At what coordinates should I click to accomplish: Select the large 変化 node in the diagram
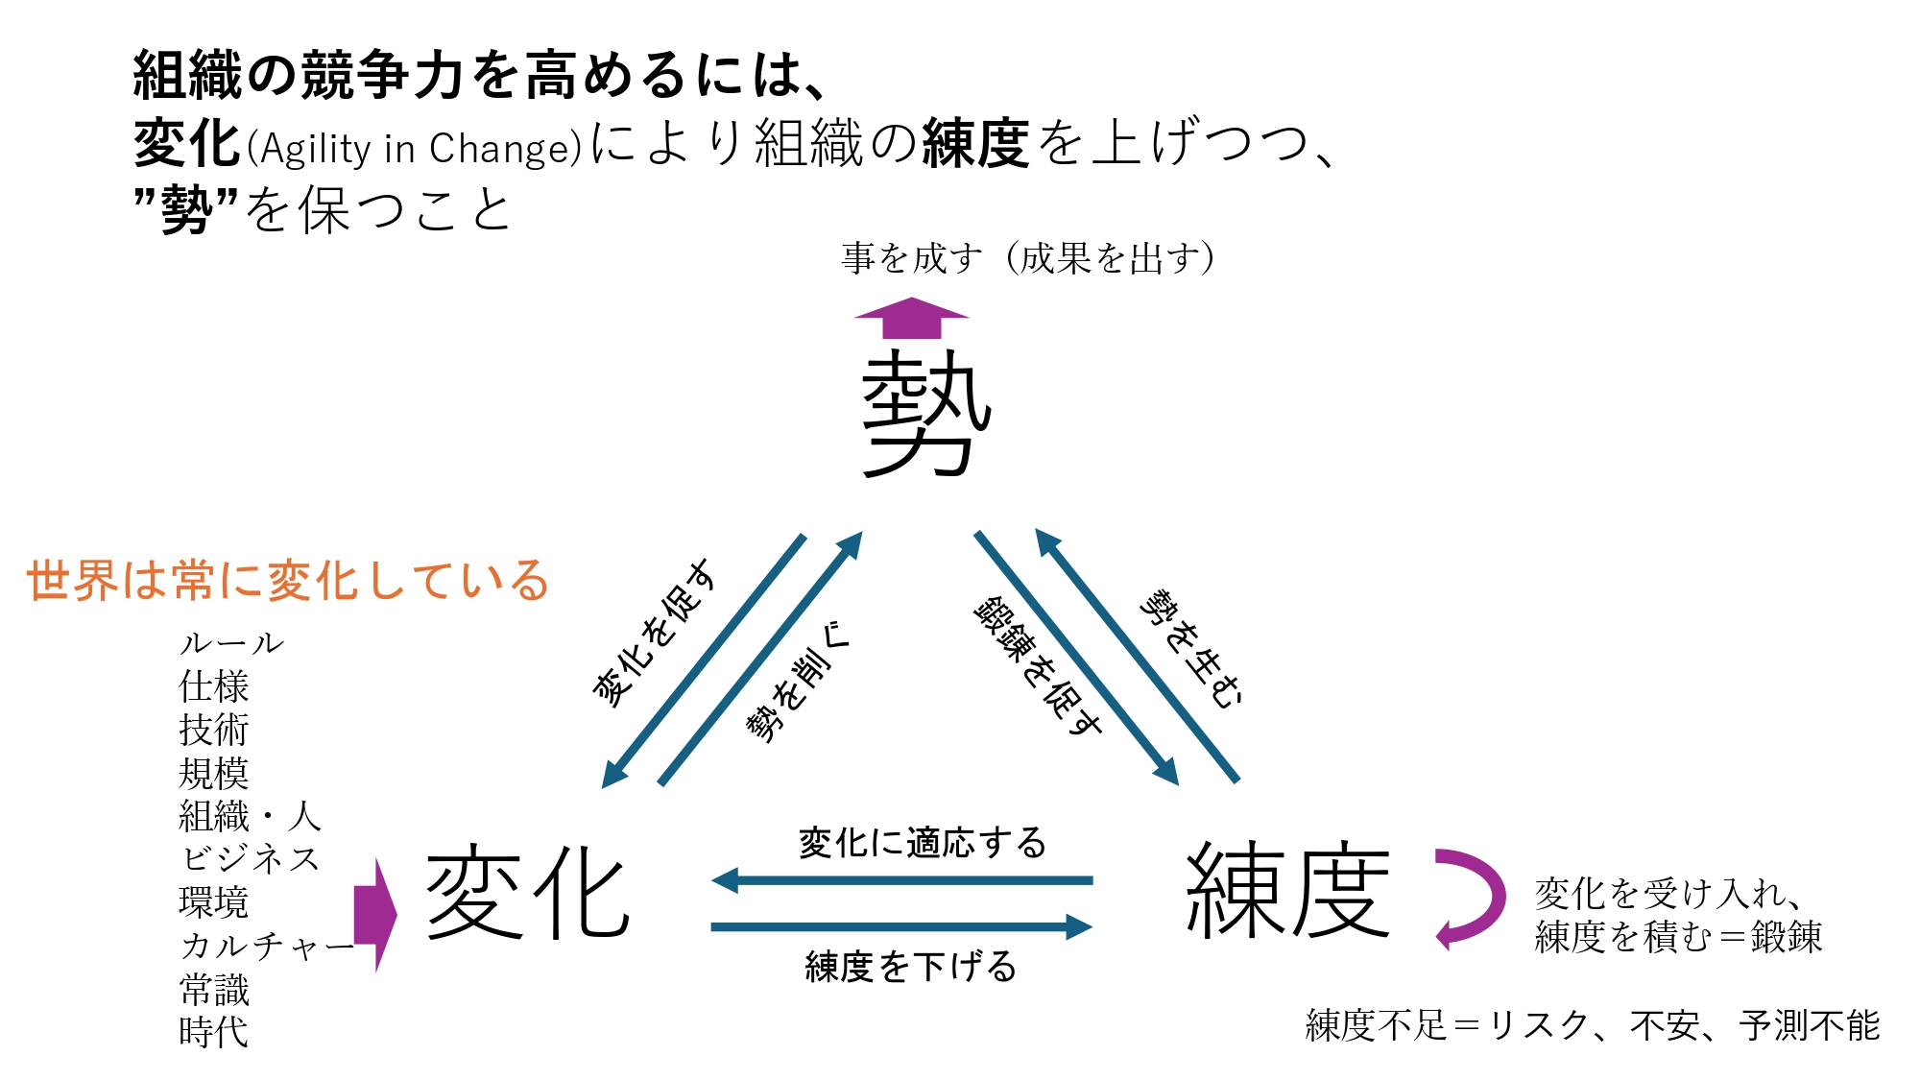pos(527,893)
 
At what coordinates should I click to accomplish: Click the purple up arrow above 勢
pos(911,319)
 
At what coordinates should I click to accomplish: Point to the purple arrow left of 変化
pos(375,915)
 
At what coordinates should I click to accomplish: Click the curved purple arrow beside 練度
pos(1469,898)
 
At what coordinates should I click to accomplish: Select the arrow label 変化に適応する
pos(923,843)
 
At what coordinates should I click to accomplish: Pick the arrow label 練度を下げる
pos(910,966)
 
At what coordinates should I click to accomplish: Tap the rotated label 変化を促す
pos(655,634)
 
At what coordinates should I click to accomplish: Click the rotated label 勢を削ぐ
pos(797,681)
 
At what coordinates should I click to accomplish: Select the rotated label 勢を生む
pos(1190,649)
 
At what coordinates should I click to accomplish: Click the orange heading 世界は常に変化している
pos(287,581)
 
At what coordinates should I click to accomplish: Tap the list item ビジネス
pos(250,859)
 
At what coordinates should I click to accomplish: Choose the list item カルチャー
pos(267,947)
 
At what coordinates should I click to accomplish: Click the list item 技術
pos(213,731)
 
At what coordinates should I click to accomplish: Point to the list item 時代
pos(213,1033)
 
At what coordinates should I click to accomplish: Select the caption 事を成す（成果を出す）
pos(1028,258)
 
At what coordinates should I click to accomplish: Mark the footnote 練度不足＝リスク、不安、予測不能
pos(1592,1025)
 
